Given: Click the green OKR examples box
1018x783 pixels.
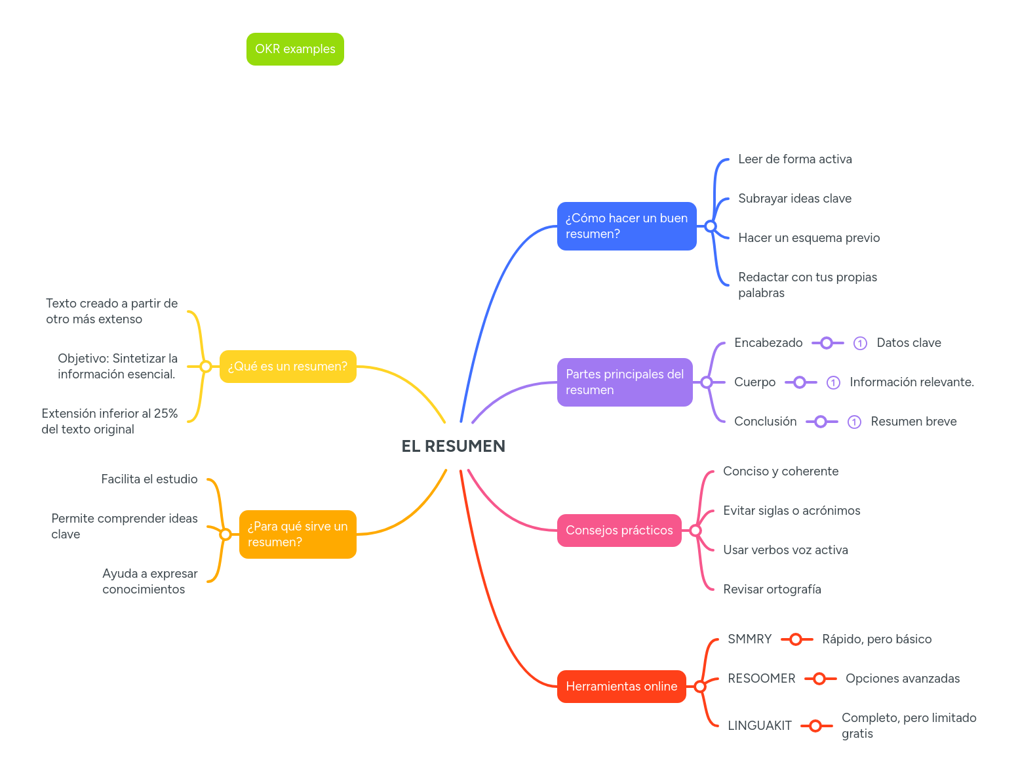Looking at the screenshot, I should coord(295,49).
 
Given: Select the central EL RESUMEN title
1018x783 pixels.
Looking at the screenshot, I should coord(453,446).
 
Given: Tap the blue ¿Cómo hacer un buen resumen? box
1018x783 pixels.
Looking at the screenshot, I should coord(626,226).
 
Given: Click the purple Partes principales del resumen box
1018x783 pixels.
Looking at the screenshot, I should coord(624,382).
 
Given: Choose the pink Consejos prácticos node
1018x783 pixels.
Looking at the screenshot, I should coord(619,531).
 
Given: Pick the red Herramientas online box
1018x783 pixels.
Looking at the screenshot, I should coord(621,687).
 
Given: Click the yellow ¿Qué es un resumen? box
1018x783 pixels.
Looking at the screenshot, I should coord(287,367).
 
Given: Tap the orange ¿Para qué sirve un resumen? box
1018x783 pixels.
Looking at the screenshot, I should coord(297,534).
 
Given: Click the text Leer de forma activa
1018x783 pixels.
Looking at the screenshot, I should coord(794,159).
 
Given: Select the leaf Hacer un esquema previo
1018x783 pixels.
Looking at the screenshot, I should coord(808,238).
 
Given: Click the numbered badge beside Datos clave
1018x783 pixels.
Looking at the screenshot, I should coord(860,343).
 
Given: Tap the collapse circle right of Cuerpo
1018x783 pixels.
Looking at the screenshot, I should coord(800,382).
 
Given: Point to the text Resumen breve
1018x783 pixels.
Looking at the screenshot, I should coord(913,422).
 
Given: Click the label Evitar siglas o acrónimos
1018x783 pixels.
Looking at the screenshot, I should coord(791,511).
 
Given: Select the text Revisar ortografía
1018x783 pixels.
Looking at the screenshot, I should coord(772,590).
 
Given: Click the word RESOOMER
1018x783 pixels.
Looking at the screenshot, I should coord(761,679).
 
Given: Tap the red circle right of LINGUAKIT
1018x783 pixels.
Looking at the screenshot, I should coord(815,726).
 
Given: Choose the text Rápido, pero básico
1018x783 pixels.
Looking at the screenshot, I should coord(876,639).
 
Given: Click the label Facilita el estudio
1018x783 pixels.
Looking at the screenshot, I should coord(149,479).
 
